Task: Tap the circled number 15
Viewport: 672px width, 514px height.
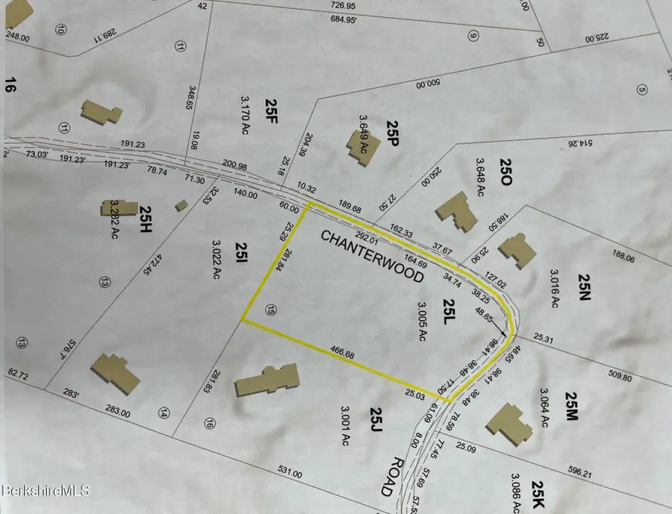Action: pos(270,311)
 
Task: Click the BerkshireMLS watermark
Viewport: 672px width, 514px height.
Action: pos(46,490)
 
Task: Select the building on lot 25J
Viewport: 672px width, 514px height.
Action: pos(267,380)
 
